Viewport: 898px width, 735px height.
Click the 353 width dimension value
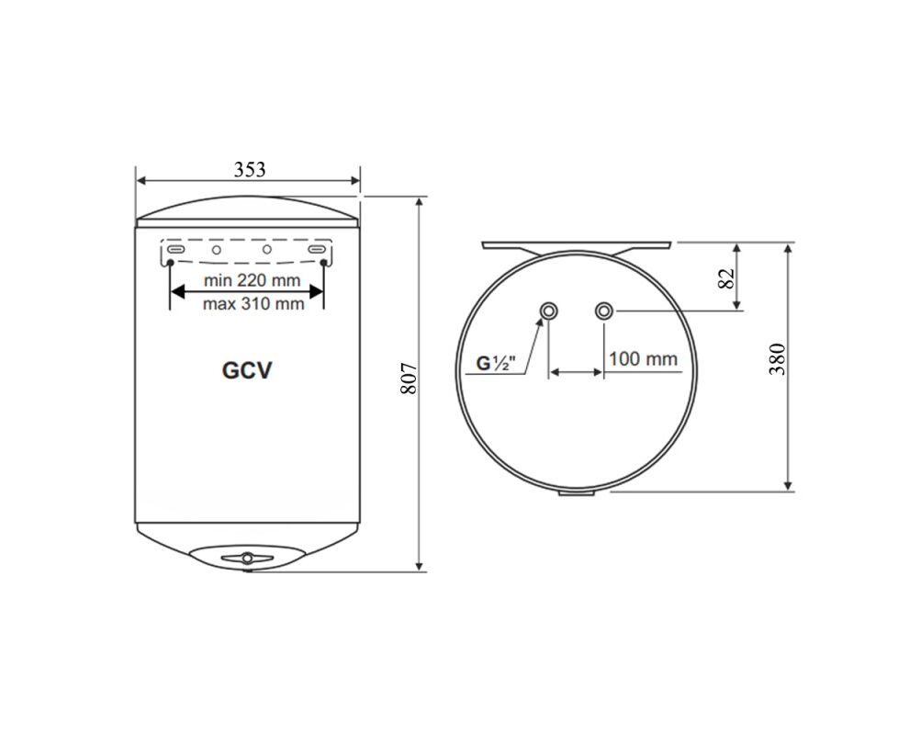(250, 170)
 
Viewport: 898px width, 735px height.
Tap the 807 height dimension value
(408, 379)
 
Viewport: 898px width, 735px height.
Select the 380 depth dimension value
(777, 359)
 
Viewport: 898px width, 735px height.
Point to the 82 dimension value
(725, 278)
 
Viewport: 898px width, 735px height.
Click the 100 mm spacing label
(643, 359)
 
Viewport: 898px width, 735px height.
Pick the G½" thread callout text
(496, 363)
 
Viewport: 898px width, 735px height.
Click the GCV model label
(247, 370)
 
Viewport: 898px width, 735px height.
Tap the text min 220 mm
(252, 281)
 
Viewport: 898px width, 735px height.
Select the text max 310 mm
(253, 303)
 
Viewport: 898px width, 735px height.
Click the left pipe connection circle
(549, 311)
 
